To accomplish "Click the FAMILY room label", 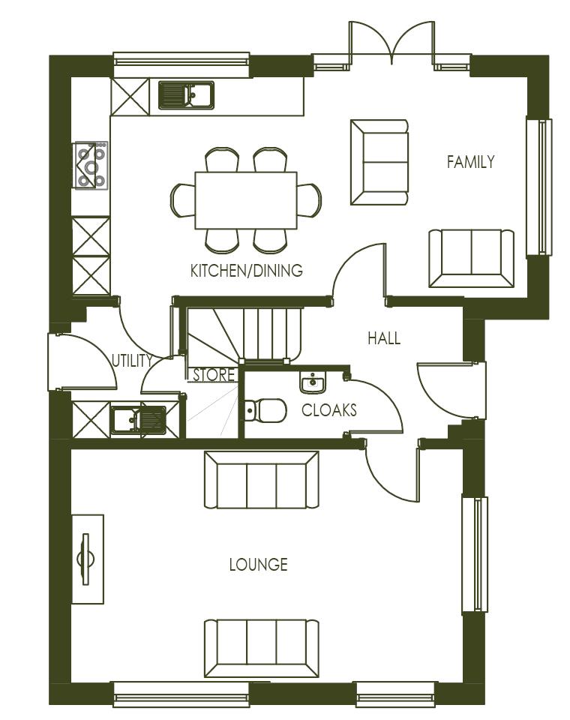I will [x=470, y=162].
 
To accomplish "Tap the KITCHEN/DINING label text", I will [x=247, y=271].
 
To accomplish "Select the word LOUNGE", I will [x=258, y=565].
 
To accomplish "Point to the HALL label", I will [x=383, y=338].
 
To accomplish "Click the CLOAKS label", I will [x=328, y=410].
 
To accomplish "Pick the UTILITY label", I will [x=132, y=361].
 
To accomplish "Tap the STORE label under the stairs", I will [x=214, y=375].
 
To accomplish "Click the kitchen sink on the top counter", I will [x=186, y=95].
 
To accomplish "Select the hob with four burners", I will [x=91, y=164].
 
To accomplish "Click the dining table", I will [x=246, y=200].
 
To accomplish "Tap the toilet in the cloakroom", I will [x=265, y=410].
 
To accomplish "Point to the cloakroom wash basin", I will [x=313, y=384].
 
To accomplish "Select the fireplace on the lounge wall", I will [x=87, y=559].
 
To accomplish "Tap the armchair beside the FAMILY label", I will [x=379, y=161].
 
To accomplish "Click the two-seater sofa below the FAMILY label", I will [x=471, y=257].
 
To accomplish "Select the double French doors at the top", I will [x=389, y=45].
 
